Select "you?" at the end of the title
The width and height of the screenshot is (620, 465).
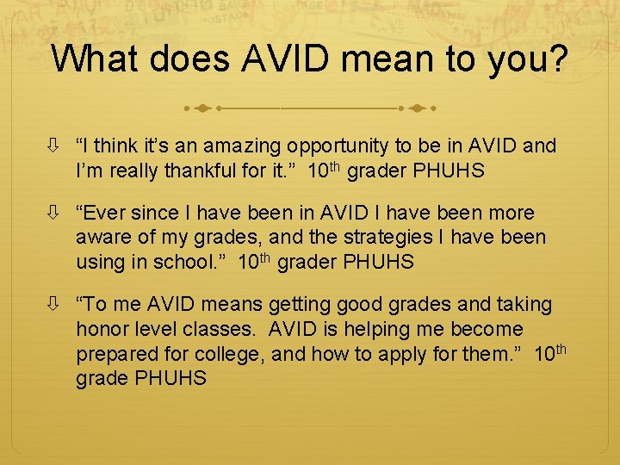pyautogui.click(x=527, y=59)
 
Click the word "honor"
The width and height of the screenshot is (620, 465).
pyautogui.click(x=102, y=329)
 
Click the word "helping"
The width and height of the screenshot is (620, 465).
pyautogui.click(x=385, y=329)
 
